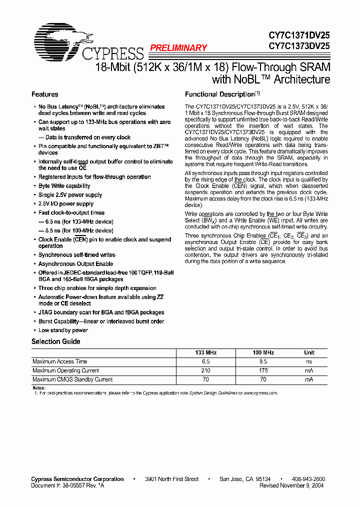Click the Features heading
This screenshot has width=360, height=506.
point(44,94)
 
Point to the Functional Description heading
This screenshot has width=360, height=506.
point(220,94)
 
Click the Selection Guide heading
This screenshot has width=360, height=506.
point(55,341)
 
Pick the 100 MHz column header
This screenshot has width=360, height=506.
point(263,352)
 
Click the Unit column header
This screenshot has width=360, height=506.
point(309,352)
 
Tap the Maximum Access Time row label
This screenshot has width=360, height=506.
point(59,361)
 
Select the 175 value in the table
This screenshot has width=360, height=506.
point(263,370)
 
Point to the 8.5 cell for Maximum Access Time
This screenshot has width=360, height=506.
point(263,361)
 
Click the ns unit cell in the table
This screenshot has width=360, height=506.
point(309,361)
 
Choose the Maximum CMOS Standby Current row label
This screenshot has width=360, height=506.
point(72,379)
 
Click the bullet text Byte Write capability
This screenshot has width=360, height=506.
point(64,186)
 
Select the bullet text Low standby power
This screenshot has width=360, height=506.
point(63,330)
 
